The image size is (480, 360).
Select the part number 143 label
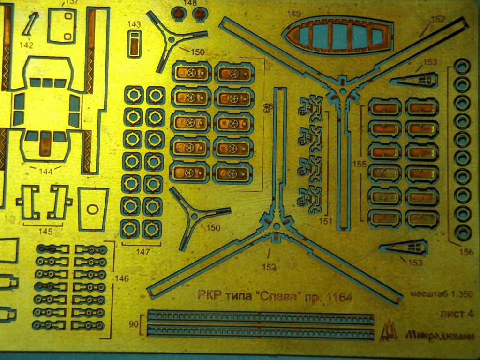pyautogui.click(x=134, y=24)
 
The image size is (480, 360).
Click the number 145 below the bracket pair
pyautogui.click(x=45, y=232)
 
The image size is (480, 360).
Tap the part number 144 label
pyautogui.click(x=45, y=172)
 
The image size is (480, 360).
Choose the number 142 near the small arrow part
pyautogui.click(x=27, y=45)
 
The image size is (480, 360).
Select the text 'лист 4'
pyautogui.click(x=456, y=315)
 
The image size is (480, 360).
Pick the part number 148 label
pyautogui.click(x=190, y=3)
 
